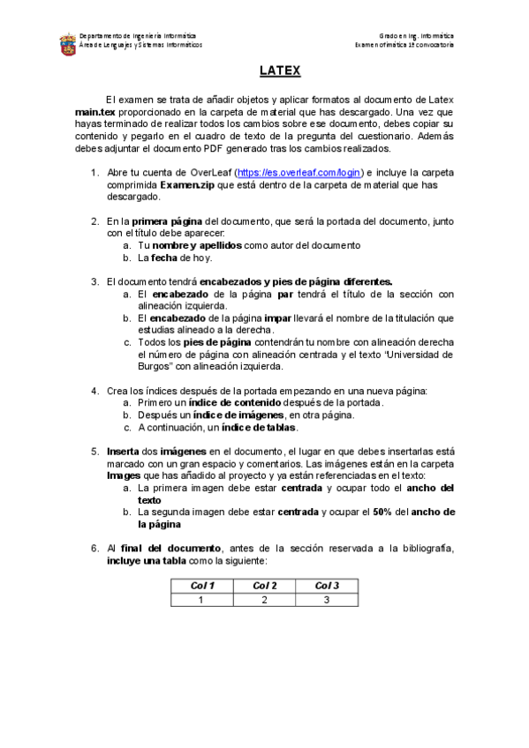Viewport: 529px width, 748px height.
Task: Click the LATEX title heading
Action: (x=280, y=71)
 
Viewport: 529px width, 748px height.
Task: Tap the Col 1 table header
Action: (x=202, y=586)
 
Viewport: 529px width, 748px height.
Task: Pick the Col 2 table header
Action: (x=264, y=586)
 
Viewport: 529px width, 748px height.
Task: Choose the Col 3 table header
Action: (x=327, y=586)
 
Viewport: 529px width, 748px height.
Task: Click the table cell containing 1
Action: (x=202, y=600)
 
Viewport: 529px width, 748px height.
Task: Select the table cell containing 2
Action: (x=264, y=600)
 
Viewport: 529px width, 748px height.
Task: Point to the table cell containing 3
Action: (x=327, y=600)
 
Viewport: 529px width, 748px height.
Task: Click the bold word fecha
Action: (x=163, y=258)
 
